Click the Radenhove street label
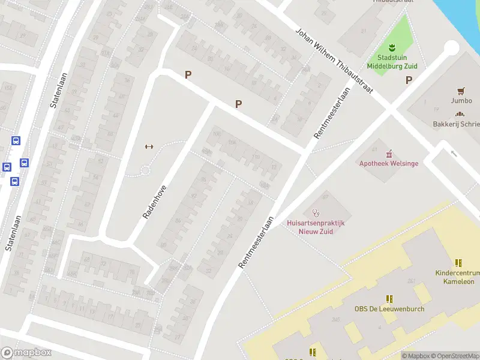pos(155,202)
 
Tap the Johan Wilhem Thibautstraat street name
pos(334,61)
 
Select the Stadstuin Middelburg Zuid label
pos(392,62)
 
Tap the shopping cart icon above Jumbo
pos(461,91)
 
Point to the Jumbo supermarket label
pos(461,101)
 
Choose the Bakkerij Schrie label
pos(457,124)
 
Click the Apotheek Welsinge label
pos(389,163)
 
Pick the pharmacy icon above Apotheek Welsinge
pos(389,154)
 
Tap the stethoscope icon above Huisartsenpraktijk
pos(316,212)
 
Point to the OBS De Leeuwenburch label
pos(389,309)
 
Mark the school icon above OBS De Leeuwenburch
pos(389,299)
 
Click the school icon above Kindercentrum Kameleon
pos(458,263)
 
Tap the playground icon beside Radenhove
pos(149,146)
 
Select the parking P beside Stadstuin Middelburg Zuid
pos(409,80)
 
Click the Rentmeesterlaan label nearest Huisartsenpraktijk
pos(256,242)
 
